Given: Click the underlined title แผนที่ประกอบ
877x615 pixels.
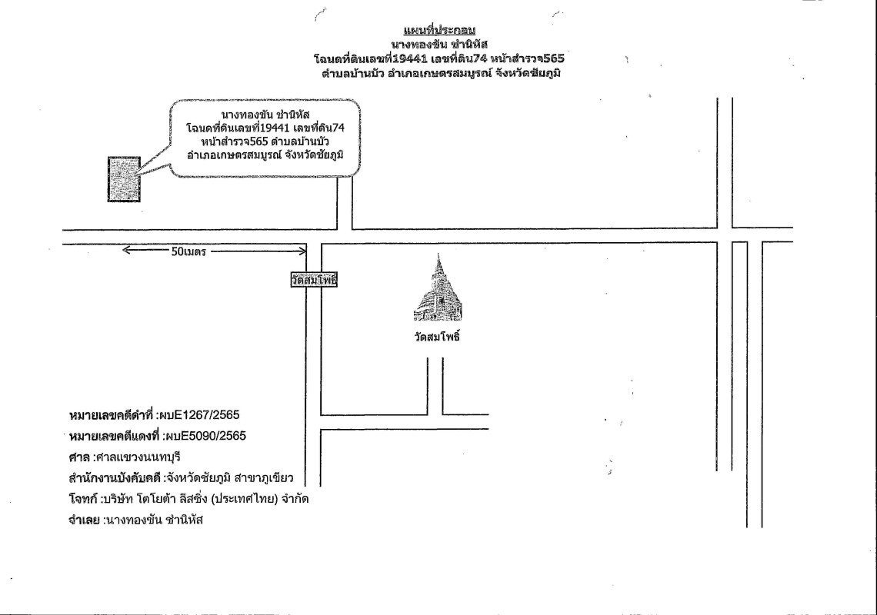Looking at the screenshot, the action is pos(439,30).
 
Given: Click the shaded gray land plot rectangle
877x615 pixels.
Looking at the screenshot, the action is pos(124,179).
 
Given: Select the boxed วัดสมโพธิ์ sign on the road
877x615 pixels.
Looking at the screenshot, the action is pos(314,280).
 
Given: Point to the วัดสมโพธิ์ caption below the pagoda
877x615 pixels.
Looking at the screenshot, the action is pos(437,337).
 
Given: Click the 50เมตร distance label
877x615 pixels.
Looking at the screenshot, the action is pos(188,252).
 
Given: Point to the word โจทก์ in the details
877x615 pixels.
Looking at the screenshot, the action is pos(82,499).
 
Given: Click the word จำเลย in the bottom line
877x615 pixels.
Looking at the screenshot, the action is pos(84,520).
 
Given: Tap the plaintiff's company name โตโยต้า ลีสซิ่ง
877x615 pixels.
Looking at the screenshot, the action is pos(183,499).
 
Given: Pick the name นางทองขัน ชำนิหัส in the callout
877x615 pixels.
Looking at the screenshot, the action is pos(265,115).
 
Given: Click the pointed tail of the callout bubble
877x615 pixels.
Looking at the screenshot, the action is pos(138,175).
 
